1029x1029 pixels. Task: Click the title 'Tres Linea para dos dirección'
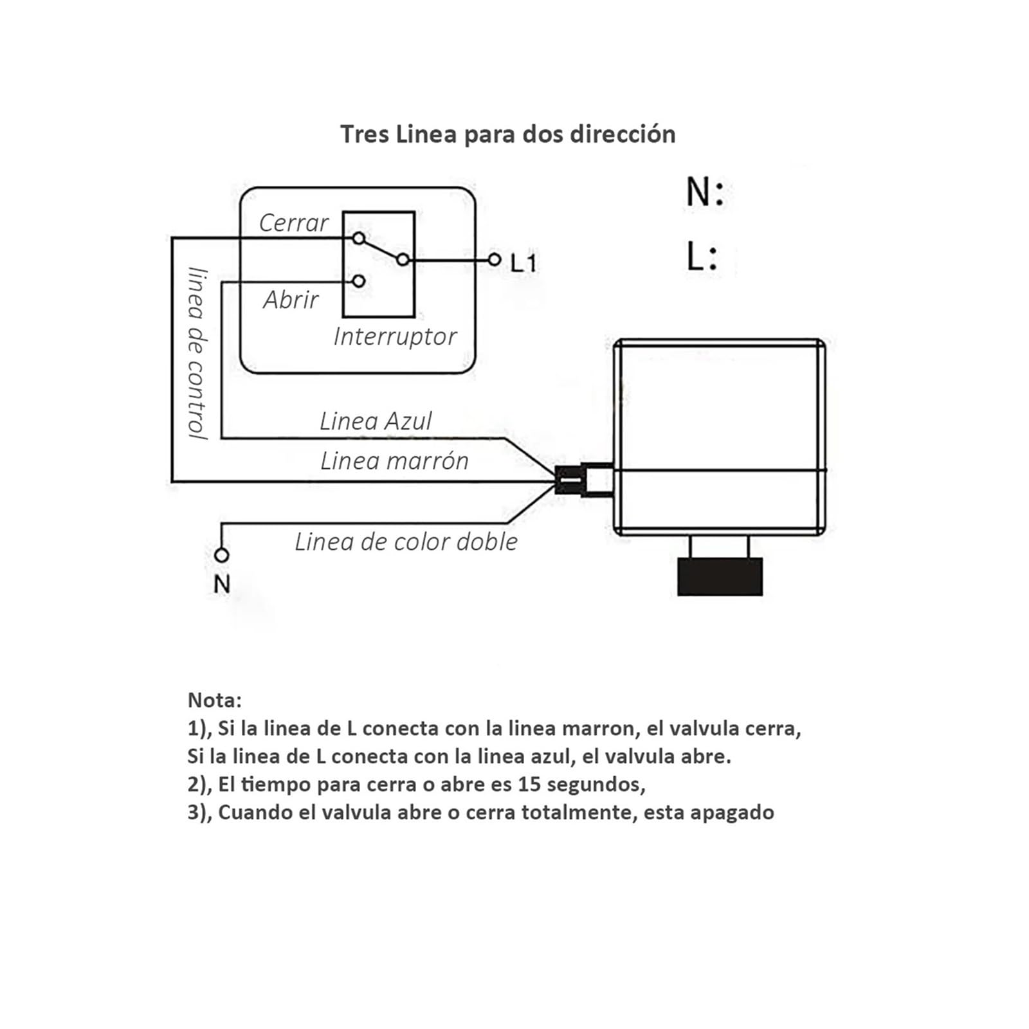507,134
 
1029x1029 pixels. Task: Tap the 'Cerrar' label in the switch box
294,223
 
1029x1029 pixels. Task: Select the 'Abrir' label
291,300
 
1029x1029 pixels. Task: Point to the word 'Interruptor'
395,336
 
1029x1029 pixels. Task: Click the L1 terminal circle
494,260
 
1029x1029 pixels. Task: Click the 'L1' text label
524,262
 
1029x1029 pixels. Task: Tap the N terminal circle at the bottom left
221,554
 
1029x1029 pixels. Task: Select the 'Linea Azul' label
376,421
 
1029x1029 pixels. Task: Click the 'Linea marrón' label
394,461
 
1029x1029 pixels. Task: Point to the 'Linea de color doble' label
406,542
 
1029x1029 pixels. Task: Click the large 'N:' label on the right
705,192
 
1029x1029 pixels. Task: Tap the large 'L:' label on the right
702,256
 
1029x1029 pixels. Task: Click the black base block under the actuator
720,577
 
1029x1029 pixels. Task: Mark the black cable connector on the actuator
568,479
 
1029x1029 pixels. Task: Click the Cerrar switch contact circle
359,239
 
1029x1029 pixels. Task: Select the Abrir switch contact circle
359,281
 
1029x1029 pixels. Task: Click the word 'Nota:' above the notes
215,700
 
